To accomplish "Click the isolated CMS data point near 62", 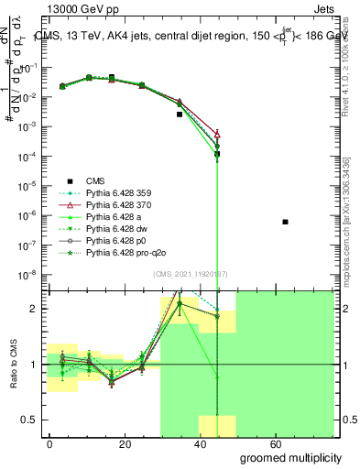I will pyautogui.click(x=286, y=222).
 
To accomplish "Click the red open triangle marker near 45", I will pyautogui.click(x=217, y=134).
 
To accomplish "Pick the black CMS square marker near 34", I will pyautogui.click(x=180, y=115).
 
